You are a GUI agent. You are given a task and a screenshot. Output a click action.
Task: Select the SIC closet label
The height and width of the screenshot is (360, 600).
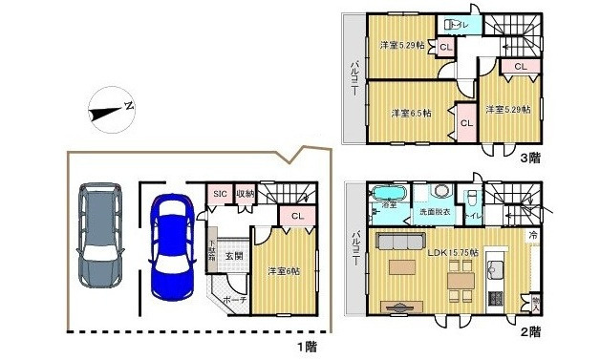(219, 195)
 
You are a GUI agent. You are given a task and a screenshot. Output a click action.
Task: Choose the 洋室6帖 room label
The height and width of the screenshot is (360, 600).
(281, 271)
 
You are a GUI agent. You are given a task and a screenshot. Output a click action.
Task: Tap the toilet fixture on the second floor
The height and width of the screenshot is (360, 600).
(474, 197)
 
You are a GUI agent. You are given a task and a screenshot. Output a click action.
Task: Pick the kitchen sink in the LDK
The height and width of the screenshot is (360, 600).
(495, 265)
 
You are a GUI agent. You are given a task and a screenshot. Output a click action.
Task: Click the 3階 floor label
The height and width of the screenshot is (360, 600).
(531, 160)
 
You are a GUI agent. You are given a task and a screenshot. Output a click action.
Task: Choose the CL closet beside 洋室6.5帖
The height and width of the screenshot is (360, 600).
(467, 122)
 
